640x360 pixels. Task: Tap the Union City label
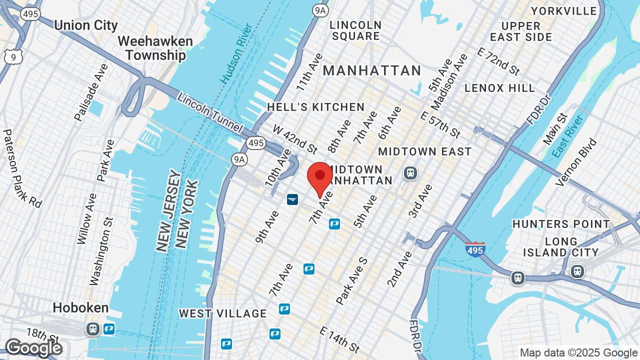point(85,25)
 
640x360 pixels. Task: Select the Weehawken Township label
point(155,48)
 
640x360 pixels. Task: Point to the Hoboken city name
point(80,307)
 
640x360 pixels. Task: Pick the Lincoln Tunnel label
point(209,113)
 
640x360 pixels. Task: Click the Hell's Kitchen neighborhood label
point(315,107)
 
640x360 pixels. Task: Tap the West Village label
point(223,313)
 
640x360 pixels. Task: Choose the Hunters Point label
point(561,224)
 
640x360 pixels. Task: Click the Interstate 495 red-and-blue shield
point(474,248)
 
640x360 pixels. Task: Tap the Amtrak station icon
point(292,199)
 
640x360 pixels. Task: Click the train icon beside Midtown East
point(410,173)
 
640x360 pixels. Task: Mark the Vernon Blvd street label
point(576,162)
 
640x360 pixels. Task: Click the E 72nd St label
point(498,61)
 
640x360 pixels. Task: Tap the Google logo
point(33,347)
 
